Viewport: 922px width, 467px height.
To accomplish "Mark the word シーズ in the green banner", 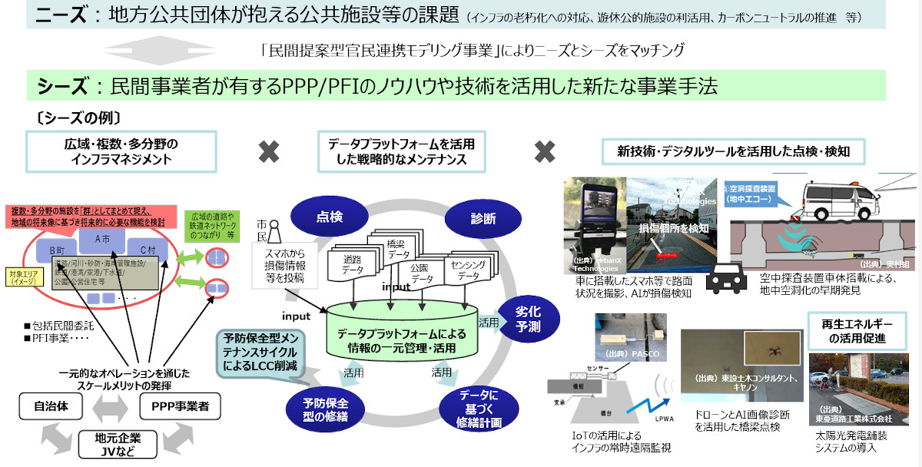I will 62,85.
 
